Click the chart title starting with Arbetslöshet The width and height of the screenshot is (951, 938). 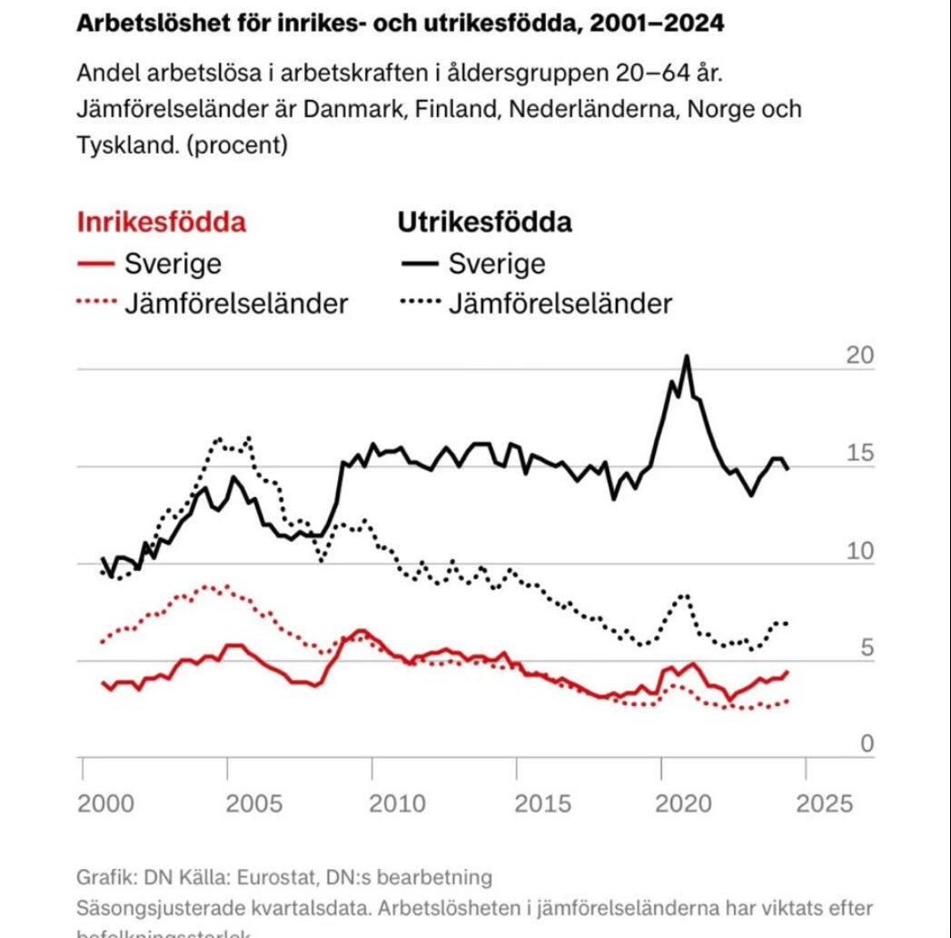(400, 25)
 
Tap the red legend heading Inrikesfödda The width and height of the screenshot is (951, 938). (161, 223)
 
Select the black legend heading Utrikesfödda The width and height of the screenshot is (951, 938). (484, 223)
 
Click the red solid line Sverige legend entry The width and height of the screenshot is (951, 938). (149, 264)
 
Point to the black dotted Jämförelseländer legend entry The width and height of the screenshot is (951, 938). (536, 303)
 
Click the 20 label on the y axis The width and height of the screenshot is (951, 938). (859, 355)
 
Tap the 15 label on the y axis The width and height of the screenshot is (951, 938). (859, 453)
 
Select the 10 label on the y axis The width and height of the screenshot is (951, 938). (859, 551)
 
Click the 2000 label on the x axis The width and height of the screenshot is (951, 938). (107, 803)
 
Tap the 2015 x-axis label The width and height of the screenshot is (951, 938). (541, 803)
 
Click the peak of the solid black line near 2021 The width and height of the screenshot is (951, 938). (687, 356)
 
